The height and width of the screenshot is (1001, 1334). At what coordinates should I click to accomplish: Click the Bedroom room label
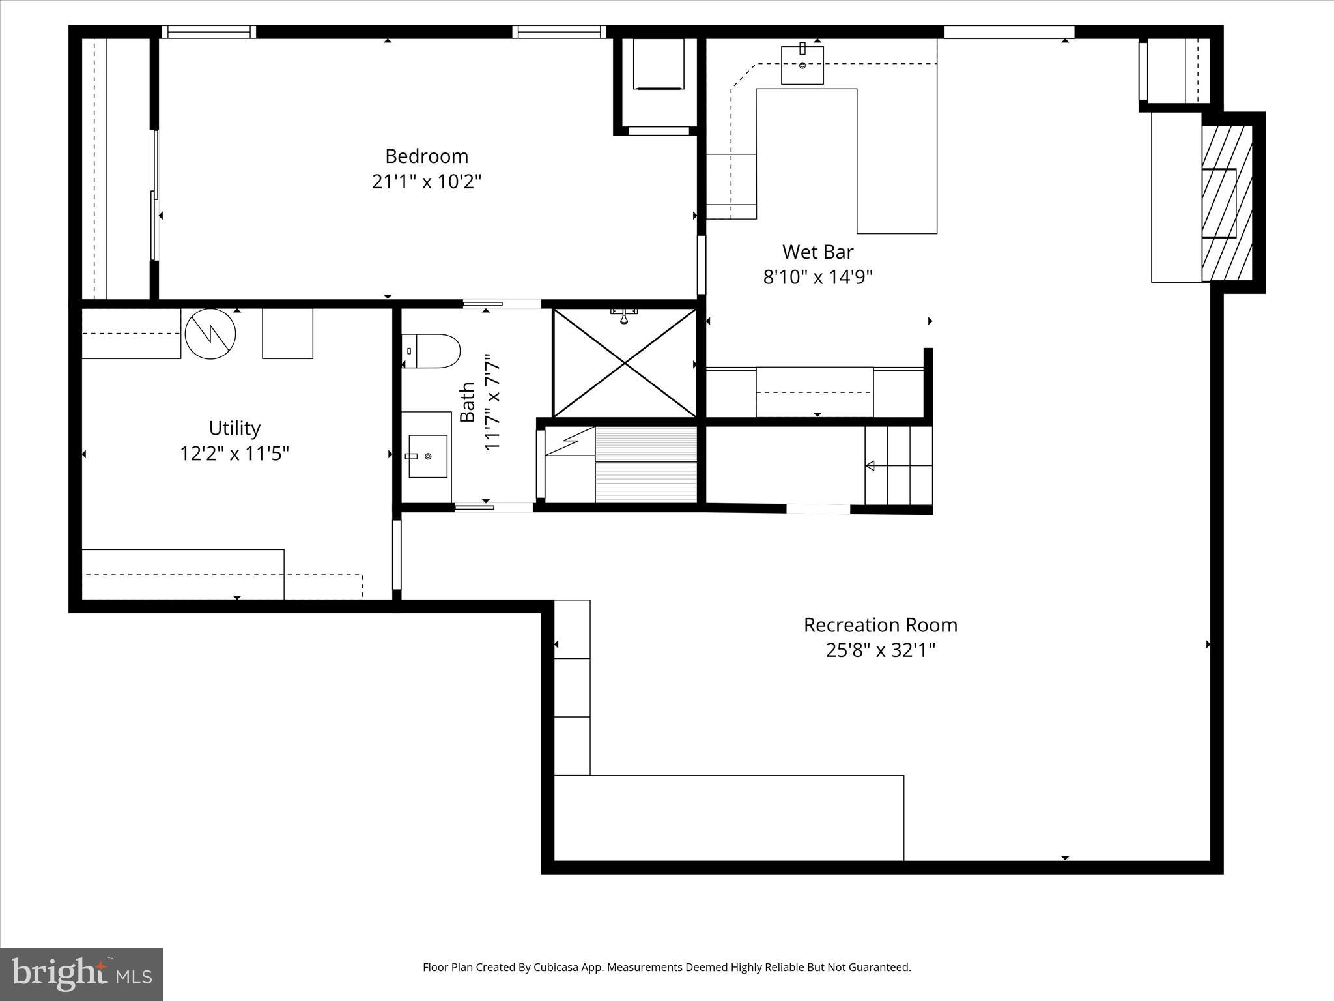click(x=427, y=156)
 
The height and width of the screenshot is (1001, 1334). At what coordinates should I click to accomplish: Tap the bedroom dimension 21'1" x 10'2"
click(x=427, y=181)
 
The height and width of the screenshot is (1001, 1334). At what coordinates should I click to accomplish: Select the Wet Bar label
click(x=817, y=252)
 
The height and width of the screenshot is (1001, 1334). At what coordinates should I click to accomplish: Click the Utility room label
click(x=234, y=428)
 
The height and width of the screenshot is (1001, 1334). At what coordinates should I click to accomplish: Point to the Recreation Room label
click(x=880, y=625)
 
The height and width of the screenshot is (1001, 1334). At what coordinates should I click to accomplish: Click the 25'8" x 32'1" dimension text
click(x=880, y=650)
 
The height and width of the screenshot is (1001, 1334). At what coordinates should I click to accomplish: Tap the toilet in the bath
click(x=432, y=351)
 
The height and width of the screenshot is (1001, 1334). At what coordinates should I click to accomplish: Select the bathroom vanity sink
click(x=427, y=456)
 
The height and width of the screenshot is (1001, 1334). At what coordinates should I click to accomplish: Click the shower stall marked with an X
click(x=625, y=363)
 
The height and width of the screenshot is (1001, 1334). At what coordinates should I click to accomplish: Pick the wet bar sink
click(x=802, y=64)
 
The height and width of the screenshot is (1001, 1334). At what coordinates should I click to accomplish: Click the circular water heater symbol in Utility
click(x=210, y=333)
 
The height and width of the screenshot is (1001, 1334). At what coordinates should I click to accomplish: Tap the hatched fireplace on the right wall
click(x=1227, y=203)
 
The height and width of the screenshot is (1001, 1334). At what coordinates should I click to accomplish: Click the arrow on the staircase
click(x=870, y=465)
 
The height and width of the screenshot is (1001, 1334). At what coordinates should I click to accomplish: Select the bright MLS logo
click(x=81, y=974)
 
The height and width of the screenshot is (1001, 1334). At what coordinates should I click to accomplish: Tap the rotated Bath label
click(x=467, y=402)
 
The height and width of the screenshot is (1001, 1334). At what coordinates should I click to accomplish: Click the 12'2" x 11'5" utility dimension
click(x=234, y=454)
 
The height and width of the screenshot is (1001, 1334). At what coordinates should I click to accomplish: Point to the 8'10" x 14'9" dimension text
click(x=817, y=277)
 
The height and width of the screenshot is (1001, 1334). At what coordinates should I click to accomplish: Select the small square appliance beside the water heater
click(x=287, y=333)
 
